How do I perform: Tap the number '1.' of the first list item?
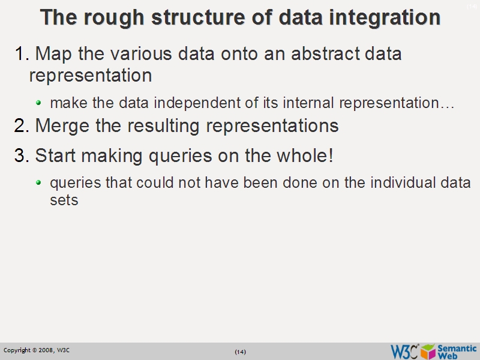point(22,54)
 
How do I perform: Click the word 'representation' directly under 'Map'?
point(90,76)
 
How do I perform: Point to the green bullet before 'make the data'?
point(39,103)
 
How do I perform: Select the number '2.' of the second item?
point(22,126)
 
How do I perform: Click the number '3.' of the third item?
point(22,156)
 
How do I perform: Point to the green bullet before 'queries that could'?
point(39,182)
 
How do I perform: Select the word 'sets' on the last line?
point(64,200)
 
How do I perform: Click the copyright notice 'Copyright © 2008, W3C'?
point(37,350)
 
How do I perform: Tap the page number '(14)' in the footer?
point(240,352)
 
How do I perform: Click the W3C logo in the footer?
point(404,351)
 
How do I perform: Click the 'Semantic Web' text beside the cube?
point(457,351)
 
